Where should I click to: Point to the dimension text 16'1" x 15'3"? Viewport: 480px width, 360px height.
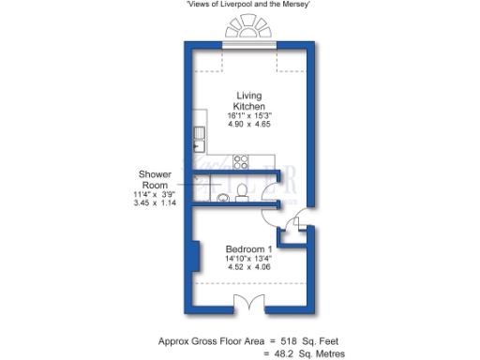tap(248, 115)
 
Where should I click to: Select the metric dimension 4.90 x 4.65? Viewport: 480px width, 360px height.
tap(248, 126)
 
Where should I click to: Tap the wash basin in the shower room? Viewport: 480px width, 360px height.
tap(221, 198)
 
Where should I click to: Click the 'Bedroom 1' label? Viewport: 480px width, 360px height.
tap(248, 247)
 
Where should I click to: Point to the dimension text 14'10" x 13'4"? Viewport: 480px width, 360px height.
tap(248, 258)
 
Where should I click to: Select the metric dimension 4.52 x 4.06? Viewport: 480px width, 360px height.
tap(248, 268)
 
